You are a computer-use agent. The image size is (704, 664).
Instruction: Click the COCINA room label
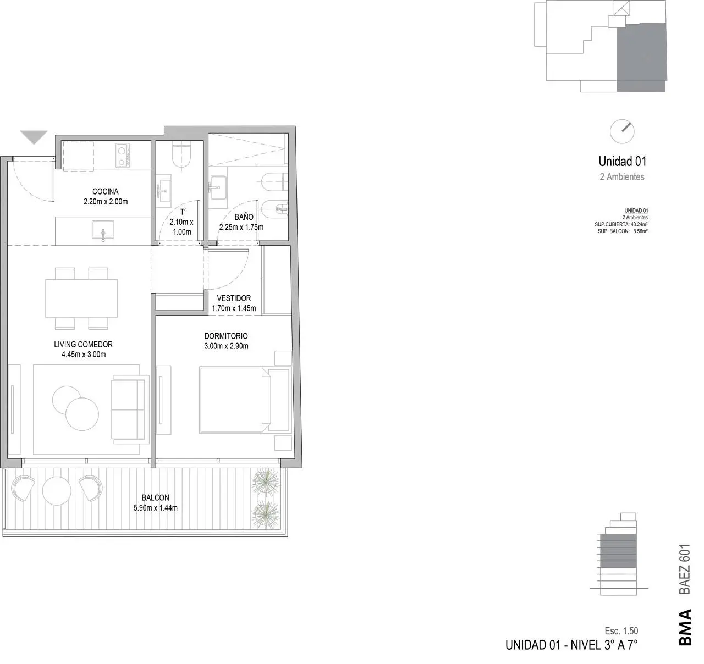click(x=105, y=192)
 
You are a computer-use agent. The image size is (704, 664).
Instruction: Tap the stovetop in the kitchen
click(x=123, y=156)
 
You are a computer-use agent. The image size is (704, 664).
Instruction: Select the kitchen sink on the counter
click(x=103, y=230)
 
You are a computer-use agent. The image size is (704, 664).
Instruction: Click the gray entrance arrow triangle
click(x=34, y=137)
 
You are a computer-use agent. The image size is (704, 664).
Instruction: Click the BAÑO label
click(x=244, y=217)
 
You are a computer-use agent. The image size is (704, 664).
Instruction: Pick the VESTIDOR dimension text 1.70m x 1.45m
click(x=234, y=308)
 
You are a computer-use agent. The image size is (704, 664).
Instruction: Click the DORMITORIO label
click(x=226, y=336)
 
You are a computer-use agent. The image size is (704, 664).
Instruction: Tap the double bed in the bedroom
click(x=245, y=401)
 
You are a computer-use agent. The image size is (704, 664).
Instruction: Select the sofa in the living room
click(x=128, y=410)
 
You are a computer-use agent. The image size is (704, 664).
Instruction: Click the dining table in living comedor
click(x=81, y=298)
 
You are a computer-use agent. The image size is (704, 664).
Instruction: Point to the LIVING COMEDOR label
click(x=83, y=345)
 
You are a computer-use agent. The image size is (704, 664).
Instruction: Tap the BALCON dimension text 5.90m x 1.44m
click(x=156, y=508)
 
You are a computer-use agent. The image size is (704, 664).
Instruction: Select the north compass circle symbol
click(x=622, y=132)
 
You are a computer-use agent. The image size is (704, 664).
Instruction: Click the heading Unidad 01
click(x=623, y=162)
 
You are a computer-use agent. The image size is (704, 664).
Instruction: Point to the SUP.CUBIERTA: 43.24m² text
click(x=621, y=225)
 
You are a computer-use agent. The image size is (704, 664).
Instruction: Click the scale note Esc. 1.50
click(x=621, y=631)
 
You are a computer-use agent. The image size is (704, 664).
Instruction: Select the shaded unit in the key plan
click(x=641, y=57)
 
